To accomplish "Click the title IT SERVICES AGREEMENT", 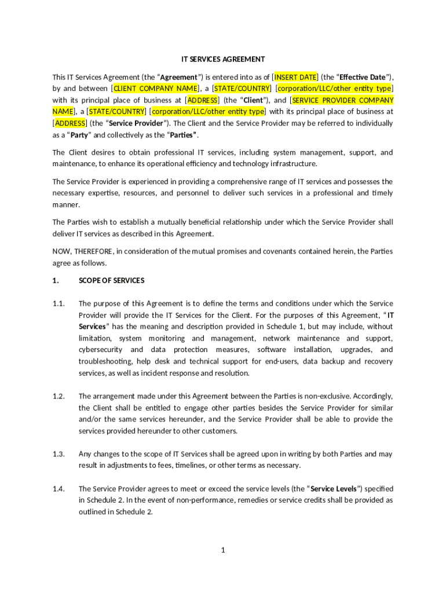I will [x=223, y=59].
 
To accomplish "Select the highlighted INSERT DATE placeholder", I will [x=295, y=77].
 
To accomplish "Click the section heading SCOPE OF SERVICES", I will [x=111, y=280].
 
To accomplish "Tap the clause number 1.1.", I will [x=58, y=303].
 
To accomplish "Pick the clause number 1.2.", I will [x=58, y=396].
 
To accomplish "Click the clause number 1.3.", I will [x=58, y=454].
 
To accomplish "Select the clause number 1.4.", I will [x=58, y=489].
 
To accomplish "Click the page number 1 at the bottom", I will [x=222, y=550].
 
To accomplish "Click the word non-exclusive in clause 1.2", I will [x=330, y=396].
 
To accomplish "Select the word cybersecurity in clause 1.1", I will [x=100, y=350].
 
